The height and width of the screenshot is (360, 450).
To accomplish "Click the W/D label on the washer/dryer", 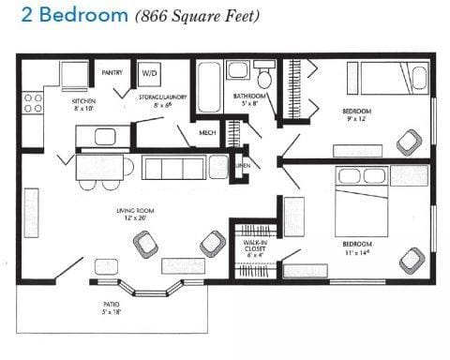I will point(150,72).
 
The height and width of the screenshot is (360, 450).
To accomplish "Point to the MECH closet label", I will point(207,134).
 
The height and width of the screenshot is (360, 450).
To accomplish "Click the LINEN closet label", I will point(243,166).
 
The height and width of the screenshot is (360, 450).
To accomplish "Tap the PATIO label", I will point(111,304).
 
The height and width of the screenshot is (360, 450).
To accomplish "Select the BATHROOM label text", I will point(250,97).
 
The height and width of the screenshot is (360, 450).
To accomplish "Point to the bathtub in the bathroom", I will point(209,82).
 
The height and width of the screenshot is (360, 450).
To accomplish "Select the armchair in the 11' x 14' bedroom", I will point(412,259).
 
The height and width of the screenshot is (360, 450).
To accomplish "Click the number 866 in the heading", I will point(156,17).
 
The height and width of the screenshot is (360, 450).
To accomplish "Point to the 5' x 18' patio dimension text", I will point(111,312).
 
